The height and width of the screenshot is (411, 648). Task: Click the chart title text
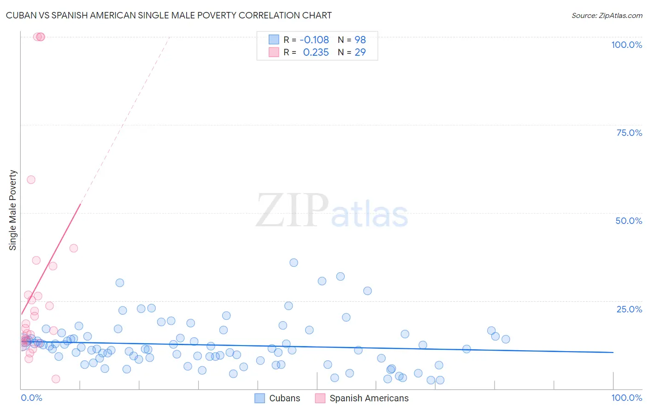coord(169,15)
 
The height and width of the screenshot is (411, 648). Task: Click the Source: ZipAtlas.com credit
coord(607,15)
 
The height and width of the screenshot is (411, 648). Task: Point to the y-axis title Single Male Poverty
coord(13,210)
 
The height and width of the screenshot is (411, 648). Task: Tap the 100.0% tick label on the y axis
coord(626,45)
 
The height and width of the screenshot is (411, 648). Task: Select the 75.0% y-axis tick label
coord(629,133)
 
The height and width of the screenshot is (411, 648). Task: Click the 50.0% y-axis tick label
coord(629,221)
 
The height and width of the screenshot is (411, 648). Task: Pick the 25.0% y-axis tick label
coord(629,309)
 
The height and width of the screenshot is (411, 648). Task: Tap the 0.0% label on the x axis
coord(31,398)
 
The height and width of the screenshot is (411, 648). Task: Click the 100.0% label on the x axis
coord(626,398)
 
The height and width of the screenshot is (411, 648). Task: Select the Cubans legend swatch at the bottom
coord(260,398)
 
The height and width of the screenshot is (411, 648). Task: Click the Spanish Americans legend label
coord(369,398)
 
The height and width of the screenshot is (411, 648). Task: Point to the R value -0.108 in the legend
coord(314,40)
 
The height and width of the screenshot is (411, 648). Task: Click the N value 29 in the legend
coord(360,52)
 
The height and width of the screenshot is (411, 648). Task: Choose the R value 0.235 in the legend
coord(316,52)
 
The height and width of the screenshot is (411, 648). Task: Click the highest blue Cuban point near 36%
coord(294,263)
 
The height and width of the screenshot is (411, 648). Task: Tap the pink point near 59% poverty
coord(31,180)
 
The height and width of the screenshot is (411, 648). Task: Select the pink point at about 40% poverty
coord(73,248)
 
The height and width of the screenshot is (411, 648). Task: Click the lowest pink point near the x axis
coord(56,379)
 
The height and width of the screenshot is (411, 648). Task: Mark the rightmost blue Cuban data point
coord(506,339)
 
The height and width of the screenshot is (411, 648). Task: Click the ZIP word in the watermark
coord(292,211)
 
